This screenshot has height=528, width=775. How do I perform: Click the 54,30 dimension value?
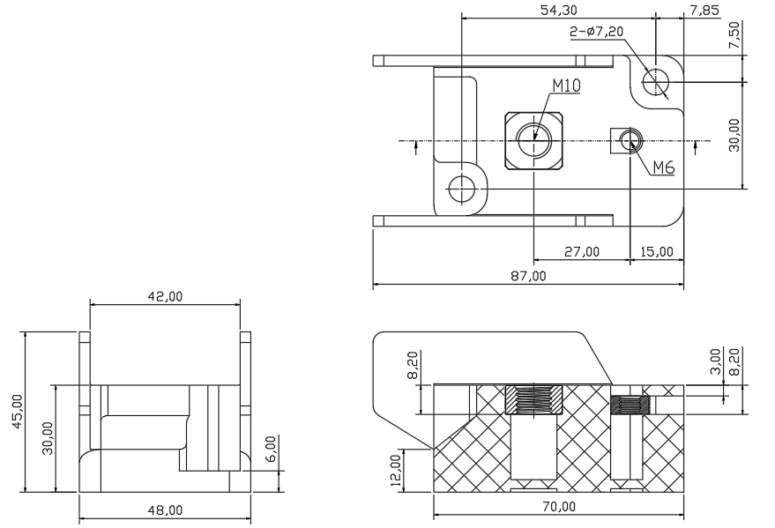coord(558,10)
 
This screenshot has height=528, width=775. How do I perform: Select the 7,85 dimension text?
coord(704,10)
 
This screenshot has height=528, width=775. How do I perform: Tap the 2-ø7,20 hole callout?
coord(597,32)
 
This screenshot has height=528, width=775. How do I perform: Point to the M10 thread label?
coord(566,86)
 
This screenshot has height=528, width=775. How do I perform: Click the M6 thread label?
coord(664,168)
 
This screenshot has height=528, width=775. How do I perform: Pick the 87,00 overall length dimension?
coord(528,276)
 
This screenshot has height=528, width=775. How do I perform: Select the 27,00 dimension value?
coord(582,252)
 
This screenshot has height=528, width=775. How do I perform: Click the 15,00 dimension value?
coord(656,252)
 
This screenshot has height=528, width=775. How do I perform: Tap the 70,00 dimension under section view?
coord(558,507)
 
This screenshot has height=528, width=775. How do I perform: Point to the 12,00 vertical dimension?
coord(397,471)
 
